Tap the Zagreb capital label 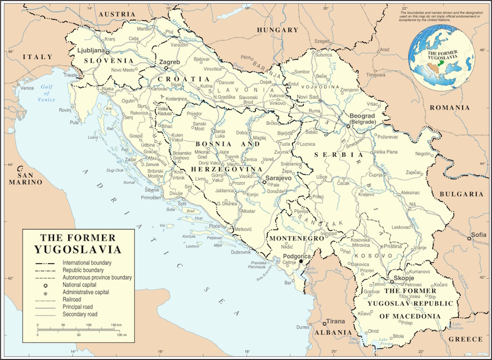pos(169,62)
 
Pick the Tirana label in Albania pos(335,321)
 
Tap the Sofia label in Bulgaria pos(478,235)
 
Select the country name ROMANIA pos(450,107)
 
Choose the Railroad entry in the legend pos(74,300)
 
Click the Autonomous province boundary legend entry pos(97,278)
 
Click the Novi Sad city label pos(307,97)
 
